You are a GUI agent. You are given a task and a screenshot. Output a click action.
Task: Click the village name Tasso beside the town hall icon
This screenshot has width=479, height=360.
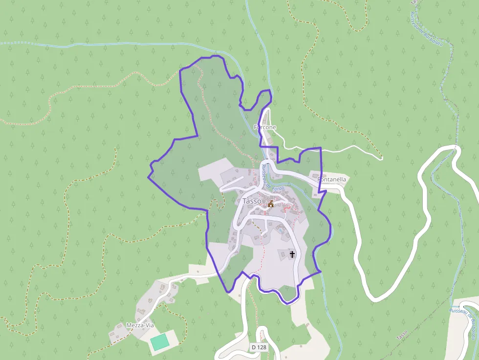pyautogui.click(x=252, y=201)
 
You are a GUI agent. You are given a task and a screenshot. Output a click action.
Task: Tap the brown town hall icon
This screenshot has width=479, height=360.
pyautogui.click(x=270, y=203)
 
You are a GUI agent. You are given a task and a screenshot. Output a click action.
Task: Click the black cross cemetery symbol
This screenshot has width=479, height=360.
pyautogui.click(x=292, y=254)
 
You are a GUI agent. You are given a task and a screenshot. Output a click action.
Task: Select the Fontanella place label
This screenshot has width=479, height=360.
pyautogui.click(x=332, y=179)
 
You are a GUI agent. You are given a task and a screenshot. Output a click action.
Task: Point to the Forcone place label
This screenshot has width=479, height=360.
pyautogui.click(x=265, y=127)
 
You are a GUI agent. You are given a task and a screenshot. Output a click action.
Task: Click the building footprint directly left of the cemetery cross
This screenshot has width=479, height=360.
pyautogui.click(x=283, y=253)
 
